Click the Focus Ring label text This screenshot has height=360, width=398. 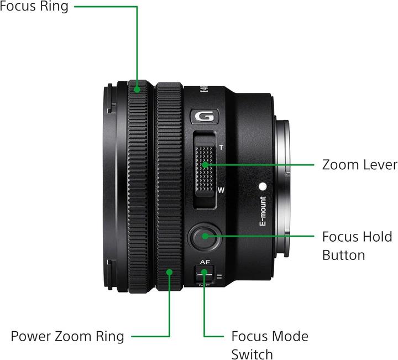click(x=34, y=7)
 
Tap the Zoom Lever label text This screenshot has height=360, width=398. click(x=359, y=165)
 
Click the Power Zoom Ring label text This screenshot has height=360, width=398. click(x=67, y=336)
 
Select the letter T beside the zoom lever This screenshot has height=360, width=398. click(x=221, y=148)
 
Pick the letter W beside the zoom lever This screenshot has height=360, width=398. click(x=221, y=190)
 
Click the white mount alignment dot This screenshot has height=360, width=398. click(x=263, y=187)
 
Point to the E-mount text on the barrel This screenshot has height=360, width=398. click(x=263, y=212)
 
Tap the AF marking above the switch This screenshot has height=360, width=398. click(x=205, y=262)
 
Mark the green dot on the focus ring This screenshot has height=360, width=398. click(x=137, y=87)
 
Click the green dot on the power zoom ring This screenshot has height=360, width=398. click(x=170, y=272)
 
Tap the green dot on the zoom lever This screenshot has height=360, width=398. click(x=205, y=164)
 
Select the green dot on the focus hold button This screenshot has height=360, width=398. click(x=205, y=236)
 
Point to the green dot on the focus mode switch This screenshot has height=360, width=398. click(x=205, y=272)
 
